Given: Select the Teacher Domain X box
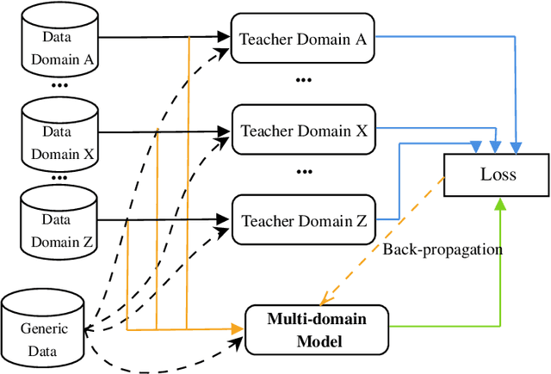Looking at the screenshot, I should point(303,131).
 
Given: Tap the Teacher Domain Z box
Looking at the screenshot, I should point(303,221).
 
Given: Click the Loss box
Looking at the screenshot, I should point(498,175).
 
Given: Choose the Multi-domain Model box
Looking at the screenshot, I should point(316,329).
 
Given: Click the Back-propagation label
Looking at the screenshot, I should point(442,249).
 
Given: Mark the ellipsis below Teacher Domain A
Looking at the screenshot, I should point(303,81).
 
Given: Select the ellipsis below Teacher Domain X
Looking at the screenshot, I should point(303,172).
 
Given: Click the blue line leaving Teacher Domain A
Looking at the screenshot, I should point(448,38).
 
